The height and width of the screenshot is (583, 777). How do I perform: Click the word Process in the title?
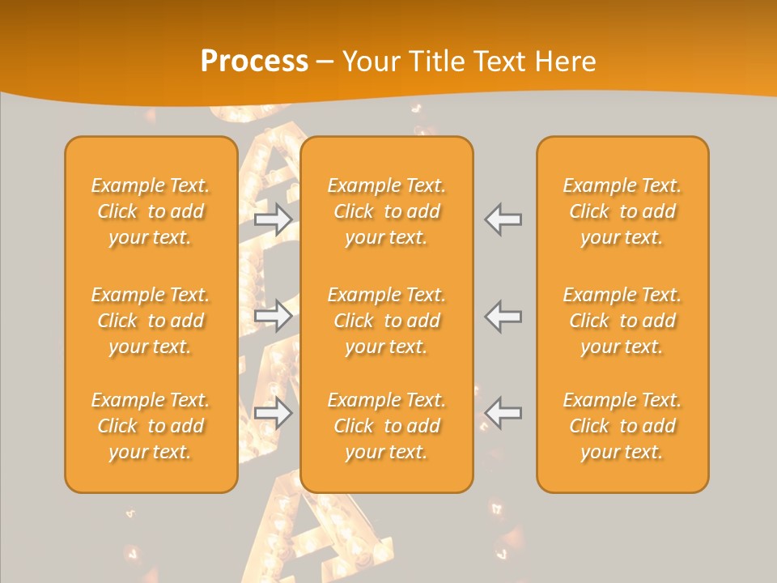point(254,62)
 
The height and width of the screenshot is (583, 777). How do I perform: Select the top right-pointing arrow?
point(274,219)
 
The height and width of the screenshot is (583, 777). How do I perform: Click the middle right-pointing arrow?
point(274,315)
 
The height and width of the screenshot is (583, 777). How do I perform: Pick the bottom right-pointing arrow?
point(274,413)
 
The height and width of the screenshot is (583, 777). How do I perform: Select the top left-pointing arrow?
point(503,219)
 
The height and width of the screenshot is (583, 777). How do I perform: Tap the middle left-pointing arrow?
point(503,315)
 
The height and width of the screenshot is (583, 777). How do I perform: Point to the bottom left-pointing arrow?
point(503,413)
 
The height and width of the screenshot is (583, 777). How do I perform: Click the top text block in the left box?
point(151,211)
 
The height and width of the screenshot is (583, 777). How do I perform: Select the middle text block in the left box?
point(151,321)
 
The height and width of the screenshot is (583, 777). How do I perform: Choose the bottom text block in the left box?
point(151,426)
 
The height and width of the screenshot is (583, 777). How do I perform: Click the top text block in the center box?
point(387,211)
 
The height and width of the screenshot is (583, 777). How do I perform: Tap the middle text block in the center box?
point(387,321)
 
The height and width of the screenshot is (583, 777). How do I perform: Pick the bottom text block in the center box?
point(387,426)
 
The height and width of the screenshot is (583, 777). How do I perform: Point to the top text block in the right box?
point(622,211)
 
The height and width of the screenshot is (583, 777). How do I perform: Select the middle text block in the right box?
point(622,321)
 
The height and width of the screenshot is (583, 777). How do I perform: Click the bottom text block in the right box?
point(622,426)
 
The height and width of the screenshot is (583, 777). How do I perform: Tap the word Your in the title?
point(368,62)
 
